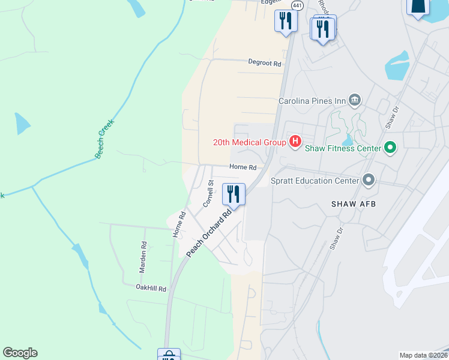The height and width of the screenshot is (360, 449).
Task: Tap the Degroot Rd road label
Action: (265, 62)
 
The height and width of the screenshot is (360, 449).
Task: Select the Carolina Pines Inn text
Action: (312, 100)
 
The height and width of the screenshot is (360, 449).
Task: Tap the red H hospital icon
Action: (295, 142)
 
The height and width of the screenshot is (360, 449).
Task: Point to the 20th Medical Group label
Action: (249, 142)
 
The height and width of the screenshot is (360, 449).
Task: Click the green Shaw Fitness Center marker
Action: (390, 148)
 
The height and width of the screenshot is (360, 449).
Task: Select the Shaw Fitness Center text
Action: (343, 148)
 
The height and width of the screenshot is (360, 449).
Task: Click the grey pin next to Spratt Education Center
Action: (368, 180)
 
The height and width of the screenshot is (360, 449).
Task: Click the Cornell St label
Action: (208, 194)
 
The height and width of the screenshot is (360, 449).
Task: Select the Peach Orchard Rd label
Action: (209, 233)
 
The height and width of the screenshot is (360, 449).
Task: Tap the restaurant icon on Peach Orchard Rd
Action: (234, 194)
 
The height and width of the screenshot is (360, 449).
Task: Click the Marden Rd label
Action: (143, 257)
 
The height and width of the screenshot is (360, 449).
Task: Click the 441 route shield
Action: (297, 5)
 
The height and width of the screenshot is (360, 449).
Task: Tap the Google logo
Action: (20, 353)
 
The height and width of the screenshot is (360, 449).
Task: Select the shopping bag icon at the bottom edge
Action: (169, 355)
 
